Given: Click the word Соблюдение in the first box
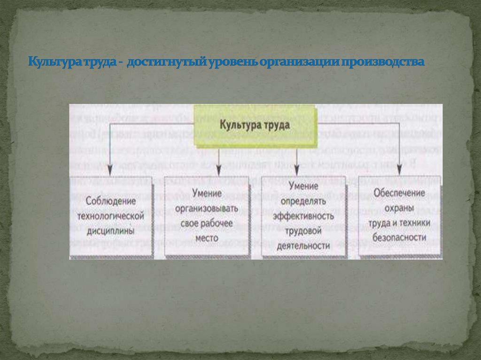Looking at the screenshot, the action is pos(111,200).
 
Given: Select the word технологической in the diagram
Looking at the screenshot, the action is pos(110,216).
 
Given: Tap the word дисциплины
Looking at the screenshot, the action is pos(110,231).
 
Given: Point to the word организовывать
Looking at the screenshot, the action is pos(207,207).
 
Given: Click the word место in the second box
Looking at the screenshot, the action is pos(207,238).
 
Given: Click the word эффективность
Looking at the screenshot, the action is pos(303,216).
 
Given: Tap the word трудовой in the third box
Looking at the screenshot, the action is pos(303,231).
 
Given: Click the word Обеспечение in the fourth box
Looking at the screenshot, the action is pos(400,192).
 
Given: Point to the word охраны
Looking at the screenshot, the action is pos(400,207).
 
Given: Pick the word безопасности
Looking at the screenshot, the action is pos(400,238).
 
